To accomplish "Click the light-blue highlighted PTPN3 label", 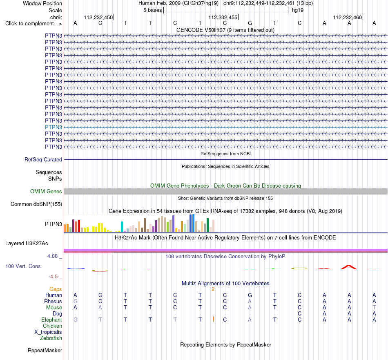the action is [54, 127].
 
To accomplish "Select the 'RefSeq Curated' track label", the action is [43, 160].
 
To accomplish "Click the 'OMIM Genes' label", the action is [46, 191].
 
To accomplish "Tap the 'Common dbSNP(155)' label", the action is [36, 204].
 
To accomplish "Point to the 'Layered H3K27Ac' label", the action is [27, 244].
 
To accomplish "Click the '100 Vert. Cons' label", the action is [23, 266].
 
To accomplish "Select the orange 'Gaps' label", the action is [56, 289].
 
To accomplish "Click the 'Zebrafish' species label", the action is [51, 338].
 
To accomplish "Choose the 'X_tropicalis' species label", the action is [48, 332].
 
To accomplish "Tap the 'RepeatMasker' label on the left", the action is [45, 350].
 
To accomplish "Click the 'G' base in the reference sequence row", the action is [250, 23].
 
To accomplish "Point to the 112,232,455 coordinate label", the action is [223, 17].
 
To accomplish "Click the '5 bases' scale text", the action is [152, 10].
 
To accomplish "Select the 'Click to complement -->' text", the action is [33, 24].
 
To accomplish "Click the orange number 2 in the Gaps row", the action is [213, 289].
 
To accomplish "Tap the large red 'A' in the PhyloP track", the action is [349, 267].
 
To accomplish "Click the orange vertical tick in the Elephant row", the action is [213, 319].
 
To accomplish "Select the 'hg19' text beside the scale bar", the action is [298, 10].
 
